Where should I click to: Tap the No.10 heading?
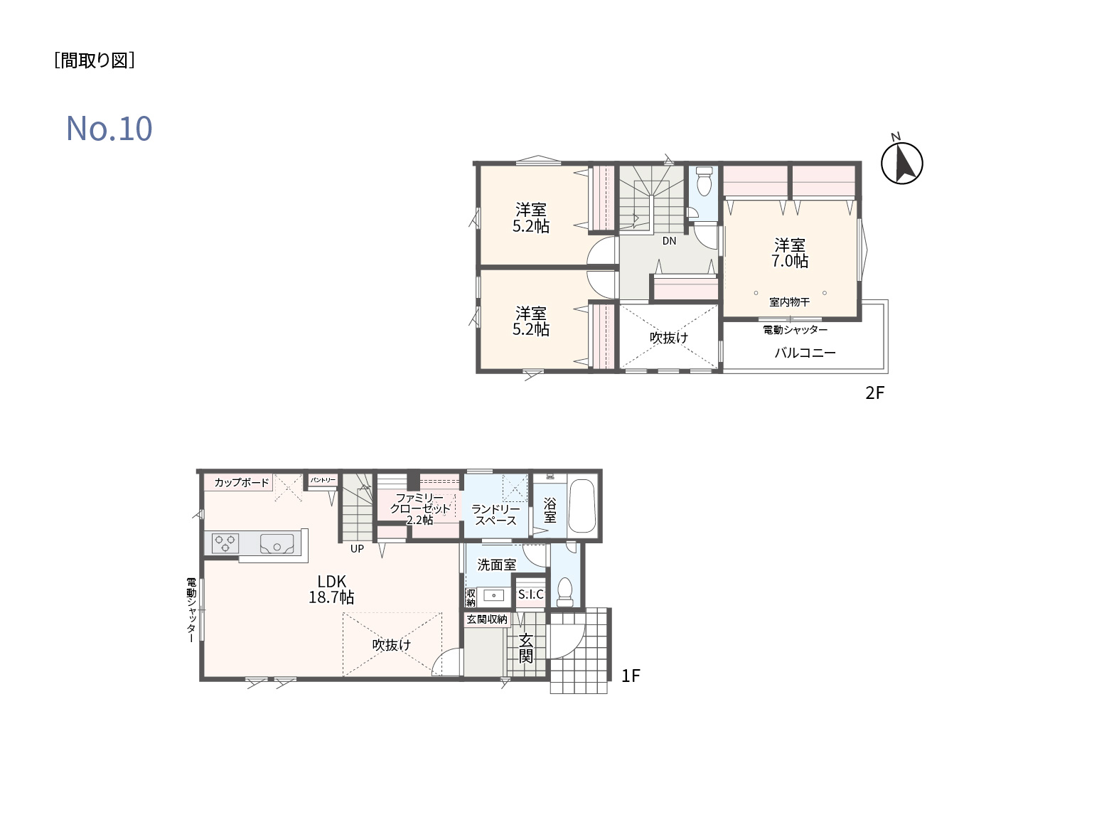[109, 128]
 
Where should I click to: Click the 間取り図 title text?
[95, 60]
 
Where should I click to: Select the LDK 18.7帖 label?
[331, 589]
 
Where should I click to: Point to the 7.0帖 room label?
[789, 253]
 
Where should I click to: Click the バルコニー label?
[805, 353]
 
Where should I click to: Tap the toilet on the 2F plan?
[704, 181]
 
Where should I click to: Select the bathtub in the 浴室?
[582, 506]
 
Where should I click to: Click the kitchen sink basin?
[277, 543]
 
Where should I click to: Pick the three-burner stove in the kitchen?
[225, 543]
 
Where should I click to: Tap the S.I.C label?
[530, 594]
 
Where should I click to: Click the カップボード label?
[242, 482]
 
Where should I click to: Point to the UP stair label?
[357, 548]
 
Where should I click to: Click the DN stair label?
[669, 241]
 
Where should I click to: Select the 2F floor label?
[874, 393]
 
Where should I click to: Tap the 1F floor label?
[630, 676]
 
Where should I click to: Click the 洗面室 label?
[496, 565]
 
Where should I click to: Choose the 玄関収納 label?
[486, 619]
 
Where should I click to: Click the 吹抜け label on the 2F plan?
[668, 338]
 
